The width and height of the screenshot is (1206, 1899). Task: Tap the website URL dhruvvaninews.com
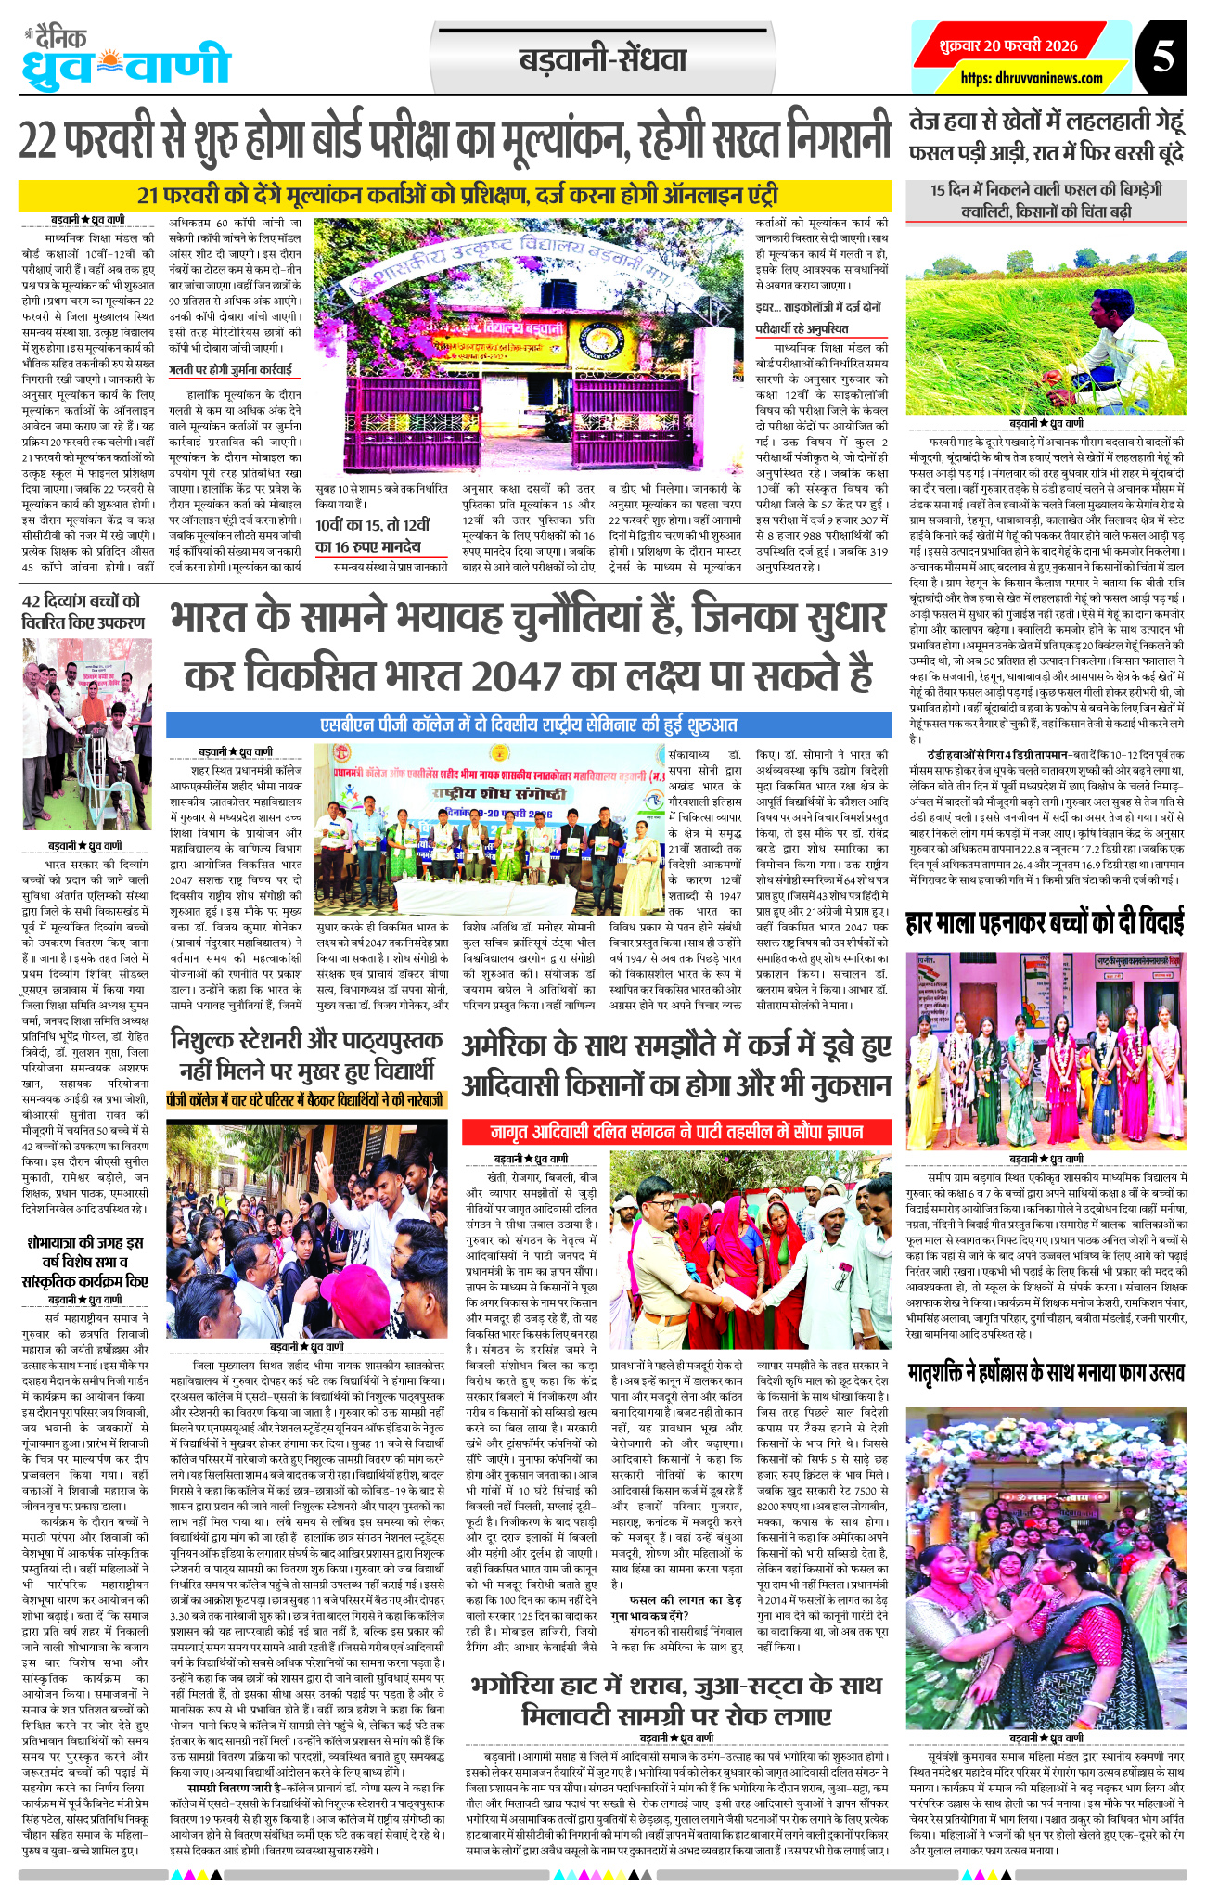pyautogui.click(x=1031, y=78)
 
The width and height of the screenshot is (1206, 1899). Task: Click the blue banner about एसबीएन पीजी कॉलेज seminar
pyautogui.click(x=528, y=724)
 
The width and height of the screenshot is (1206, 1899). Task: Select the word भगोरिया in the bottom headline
pyautogui.click(x=528, y=1684)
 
